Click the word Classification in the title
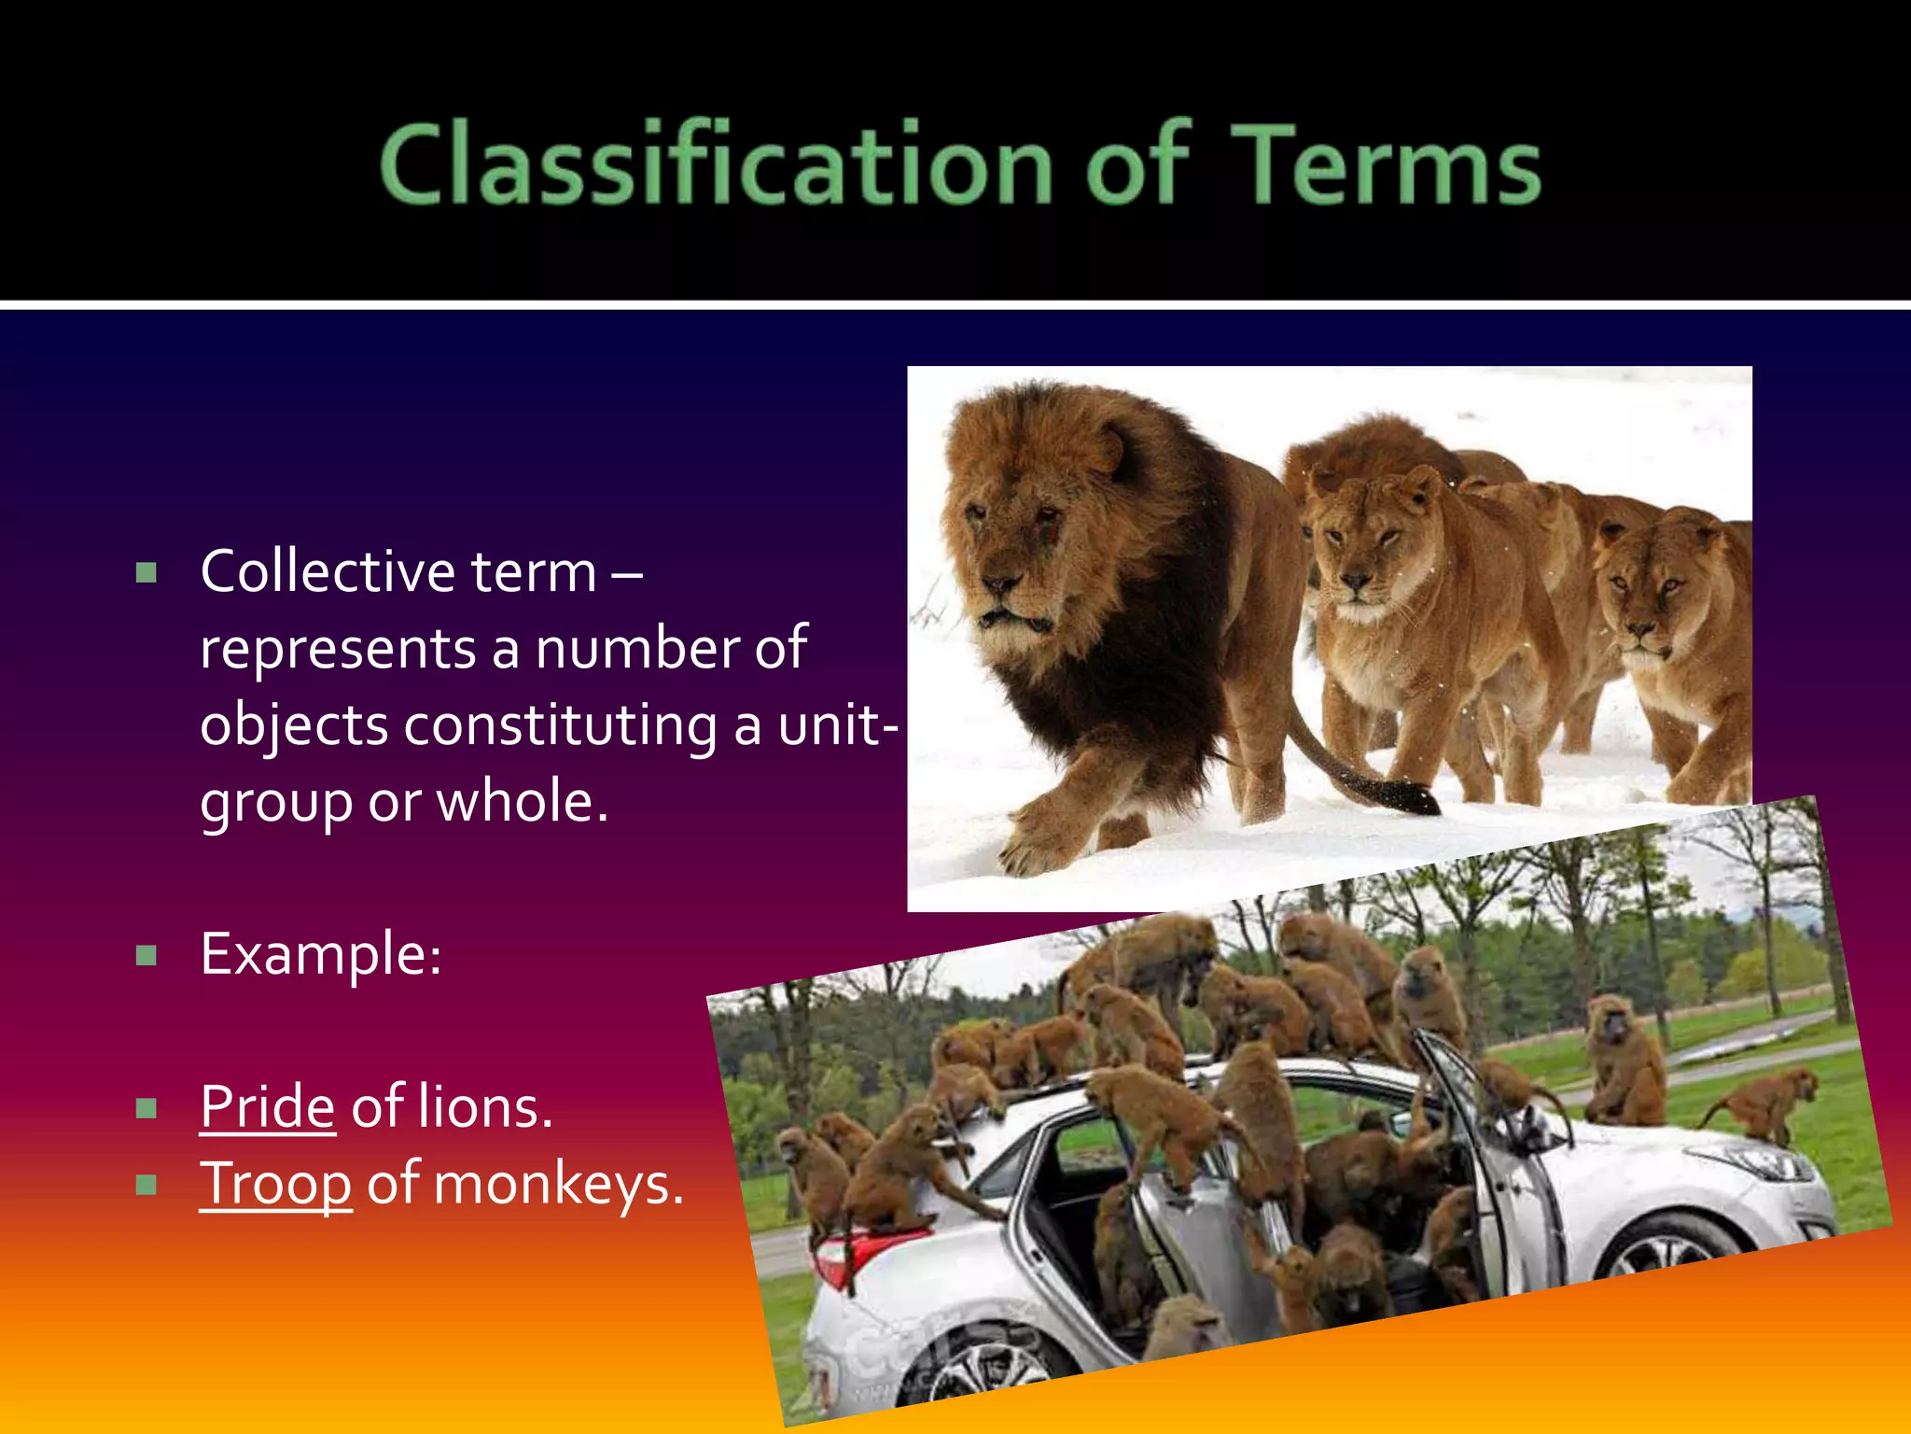[715, 164]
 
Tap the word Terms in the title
[1388, 164]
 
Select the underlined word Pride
[267, 1107]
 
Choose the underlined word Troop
[275, 1184]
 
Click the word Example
[320, 954]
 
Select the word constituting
[560, 726]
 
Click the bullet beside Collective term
[146, 572]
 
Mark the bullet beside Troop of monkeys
[146, 1185]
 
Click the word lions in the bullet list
[485, 1107]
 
